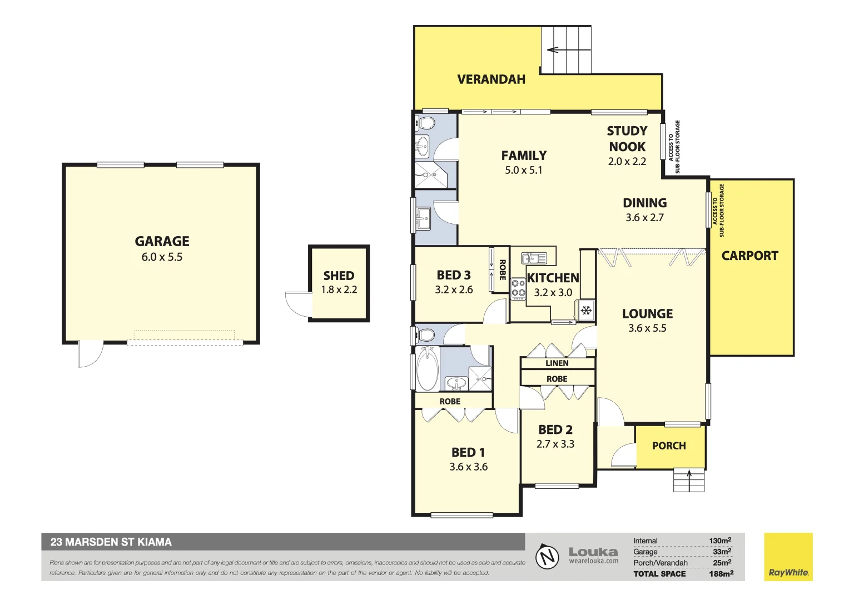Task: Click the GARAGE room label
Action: [x=162, y=241]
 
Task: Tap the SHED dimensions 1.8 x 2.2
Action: [x=339, y=289]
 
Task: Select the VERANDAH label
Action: [x=491, y=79]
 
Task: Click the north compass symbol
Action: [x=547, y=557]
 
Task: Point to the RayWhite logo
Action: [x=788, y=557]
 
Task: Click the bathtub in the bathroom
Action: [x=427, y=369]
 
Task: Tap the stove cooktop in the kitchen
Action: [x=518, y=288]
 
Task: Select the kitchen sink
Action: [x=533, y=258]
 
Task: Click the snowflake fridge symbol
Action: [x=586, y=311]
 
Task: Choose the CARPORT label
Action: [x=749, y=256]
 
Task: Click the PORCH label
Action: [x=669, y=446]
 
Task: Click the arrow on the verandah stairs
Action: [x=553, y=50]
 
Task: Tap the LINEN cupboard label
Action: [x=557, y=363]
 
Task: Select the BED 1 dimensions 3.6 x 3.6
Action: [x=468, y=467]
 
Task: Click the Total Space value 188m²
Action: [x=721, y=574]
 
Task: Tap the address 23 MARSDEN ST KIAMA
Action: [x=111, y=542]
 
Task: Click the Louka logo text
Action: [x=593, y=552]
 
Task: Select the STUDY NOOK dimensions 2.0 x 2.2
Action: [x=627, y=162]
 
